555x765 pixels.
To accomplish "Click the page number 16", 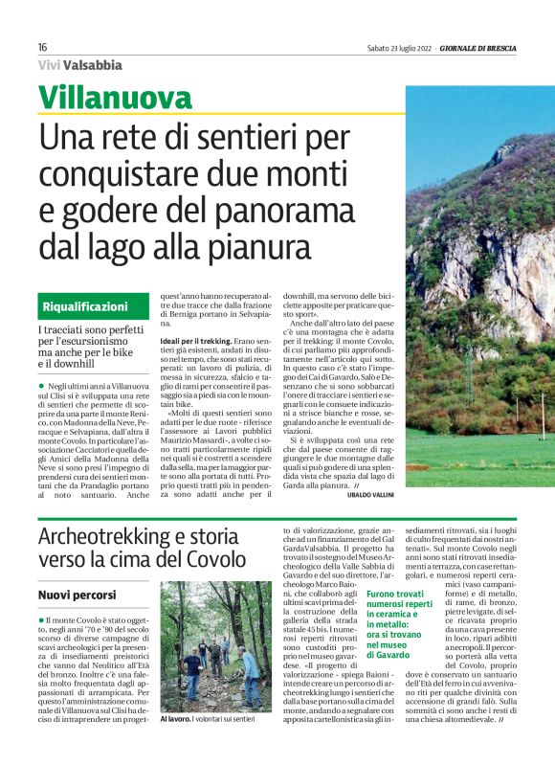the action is click(x=43, y=47).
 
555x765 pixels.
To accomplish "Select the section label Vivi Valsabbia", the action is click(x=80, y=65).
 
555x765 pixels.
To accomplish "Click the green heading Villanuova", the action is click(x=115, y=98).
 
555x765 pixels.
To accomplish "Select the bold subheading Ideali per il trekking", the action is click(x=195, y=340).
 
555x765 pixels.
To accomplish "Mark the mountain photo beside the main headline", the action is click(x=479, y=287).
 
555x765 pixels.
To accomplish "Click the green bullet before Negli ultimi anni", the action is click(x=42, y=383).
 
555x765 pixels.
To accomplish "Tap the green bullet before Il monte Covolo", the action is click(x=42, y=621).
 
